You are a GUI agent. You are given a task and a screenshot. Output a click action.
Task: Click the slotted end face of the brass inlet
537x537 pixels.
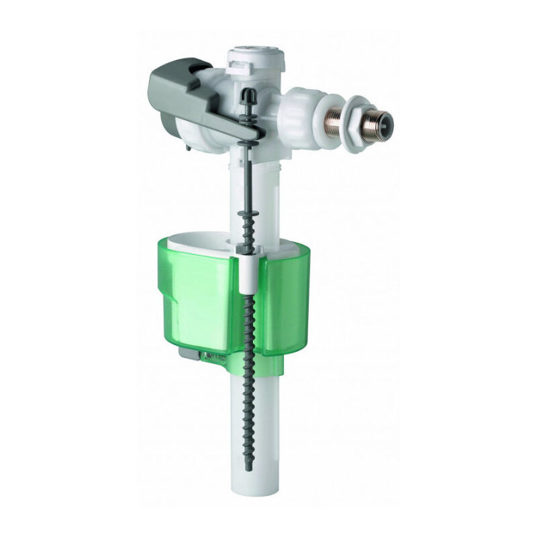point(384,116)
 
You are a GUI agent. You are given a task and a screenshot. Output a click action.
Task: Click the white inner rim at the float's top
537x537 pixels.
point(201,244)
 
